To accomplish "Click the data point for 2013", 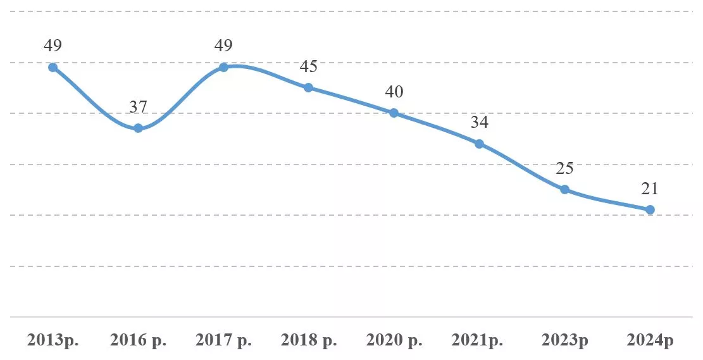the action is pyautogui.click(x=53, y=67).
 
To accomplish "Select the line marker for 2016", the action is pyautogui.click(x=138, y=128).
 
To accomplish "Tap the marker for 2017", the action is pyautogui.click(x=223, y=67).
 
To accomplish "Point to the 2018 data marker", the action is pyautogui.click(x=308, y=87).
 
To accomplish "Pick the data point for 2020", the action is pyautogui.click(x=394, y=113).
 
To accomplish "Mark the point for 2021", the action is pyautogui.click(x=479, y=144).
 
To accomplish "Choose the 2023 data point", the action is pyautogui.click(x=565, y=190).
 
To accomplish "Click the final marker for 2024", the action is pyautogui.click(x=650, y=210).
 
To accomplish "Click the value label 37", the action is pyautogui.click(x=138, y=107).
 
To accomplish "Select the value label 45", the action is pyautogui.click(x=308, y=66).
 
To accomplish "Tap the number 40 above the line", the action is pyautogui.click(x=394, y=92).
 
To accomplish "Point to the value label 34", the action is pyautogui.click(x=479, y=122).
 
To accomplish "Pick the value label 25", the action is pyautogui.click(x=565, y=168).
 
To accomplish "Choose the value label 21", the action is pyautogui.click(x=650, y=189).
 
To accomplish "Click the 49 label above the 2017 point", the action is pyautogui.click(x=223, y=46).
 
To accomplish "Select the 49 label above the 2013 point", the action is pyautogui.click(x=53, y=46).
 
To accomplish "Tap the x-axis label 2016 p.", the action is pyautogui.click(x=138, y=340).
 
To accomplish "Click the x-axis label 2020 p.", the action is pyautogui.click(x=394, y=340).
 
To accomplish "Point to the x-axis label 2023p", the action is pyautogui.click(x=565, y=340).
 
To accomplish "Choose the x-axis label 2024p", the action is pyautogui.click(x=650, y=340).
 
